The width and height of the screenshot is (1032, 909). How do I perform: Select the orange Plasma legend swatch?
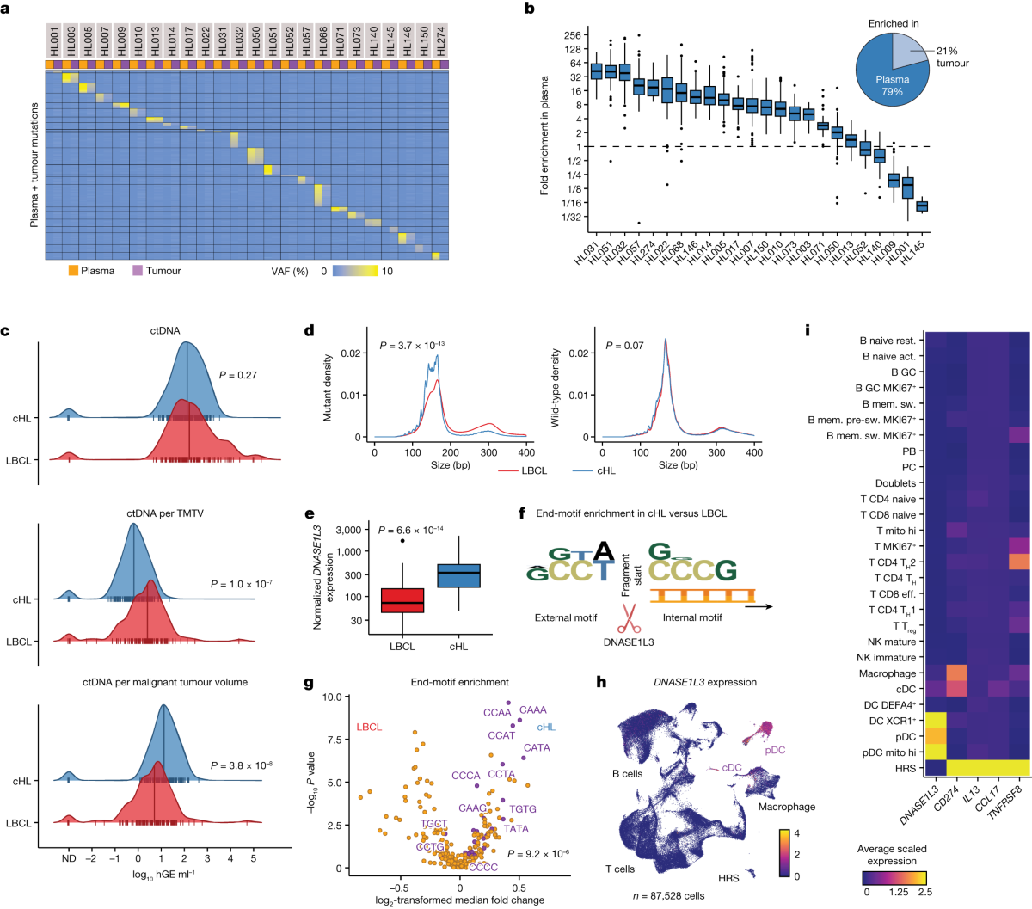[74, 271]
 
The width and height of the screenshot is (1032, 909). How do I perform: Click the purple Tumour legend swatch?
[138, 271]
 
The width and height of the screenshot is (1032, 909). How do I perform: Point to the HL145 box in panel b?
[922, 206]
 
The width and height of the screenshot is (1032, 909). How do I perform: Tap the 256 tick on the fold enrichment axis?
[572, 36]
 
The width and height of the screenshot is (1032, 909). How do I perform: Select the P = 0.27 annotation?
[238, 375]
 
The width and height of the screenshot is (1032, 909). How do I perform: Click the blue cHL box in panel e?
[458, 575]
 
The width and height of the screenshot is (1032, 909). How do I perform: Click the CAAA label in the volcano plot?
[533, 710]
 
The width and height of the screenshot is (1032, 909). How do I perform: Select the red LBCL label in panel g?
[369, 727]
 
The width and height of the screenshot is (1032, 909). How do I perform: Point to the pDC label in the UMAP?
[775, 750]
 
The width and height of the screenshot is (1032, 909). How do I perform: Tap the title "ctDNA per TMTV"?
[164, 514]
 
